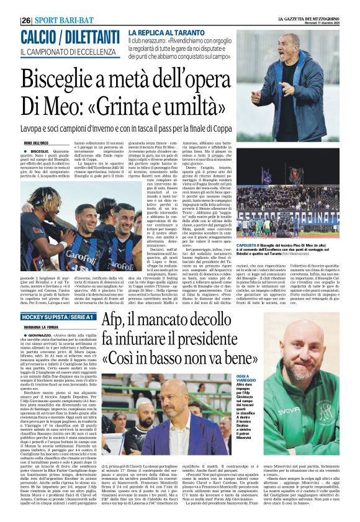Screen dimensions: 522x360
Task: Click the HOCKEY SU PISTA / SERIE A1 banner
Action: click(x=60, y=318)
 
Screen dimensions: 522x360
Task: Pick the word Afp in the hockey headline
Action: click(x=117, y=322)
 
